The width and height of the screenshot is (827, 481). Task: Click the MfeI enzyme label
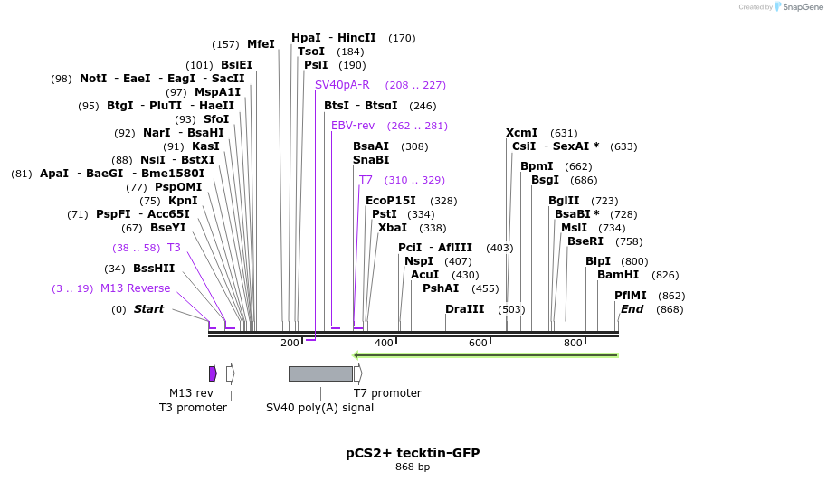261,43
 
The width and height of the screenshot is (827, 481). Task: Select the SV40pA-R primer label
342,85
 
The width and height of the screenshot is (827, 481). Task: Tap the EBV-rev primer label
353,126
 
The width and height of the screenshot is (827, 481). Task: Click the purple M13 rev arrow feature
213,373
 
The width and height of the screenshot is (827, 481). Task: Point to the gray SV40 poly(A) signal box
320,373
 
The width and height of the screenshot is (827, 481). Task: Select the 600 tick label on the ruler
478,343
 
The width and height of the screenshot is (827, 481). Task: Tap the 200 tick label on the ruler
290,343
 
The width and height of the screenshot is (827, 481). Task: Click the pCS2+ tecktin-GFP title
413,452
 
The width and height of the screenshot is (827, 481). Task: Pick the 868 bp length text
413,467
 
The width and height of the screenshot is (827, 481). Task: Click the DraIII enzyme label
465,309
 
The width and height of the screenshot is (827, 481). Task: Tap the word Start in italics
149,309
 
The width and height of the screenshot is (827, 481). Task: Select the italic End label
632,309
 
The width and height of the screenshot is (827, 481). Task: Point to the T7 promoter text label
387,393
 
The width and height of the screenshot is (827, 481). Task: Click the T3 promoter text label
193,408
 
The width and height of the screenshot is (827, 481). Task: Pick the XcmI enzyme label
522,133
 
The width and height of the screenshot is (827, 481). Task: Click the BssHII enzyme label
154,269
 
